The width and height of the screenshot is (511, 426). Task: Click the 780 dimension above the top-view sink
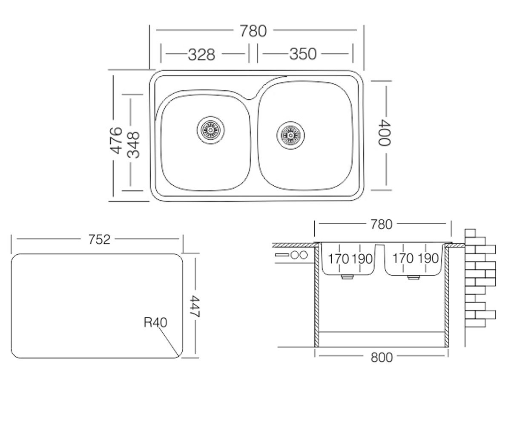pyautogui.click(x=253, y=31)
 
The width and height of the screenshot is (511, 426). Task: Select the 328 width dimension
pyautogui.click(x=201, y=55)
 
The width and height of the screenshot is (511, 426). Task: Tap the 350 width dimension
pyautogui.click(x=303, y=54)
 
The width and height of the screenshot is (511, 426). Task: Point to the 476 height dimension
pyautogui.click(x=117, y=140)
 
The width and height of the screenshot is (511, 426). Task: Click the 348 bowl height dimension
pyautogui.click(x=133, y=145)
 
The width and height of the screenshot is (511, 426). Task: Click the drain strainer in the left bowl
pyautogui.click(x=211, y=130)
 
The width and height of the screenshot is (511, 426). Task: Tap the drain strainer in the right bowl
pyautogui.click(x=290, y=135)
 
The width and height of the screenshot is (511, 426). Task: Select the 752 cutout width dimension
pyautogui.click(x=99, y=239)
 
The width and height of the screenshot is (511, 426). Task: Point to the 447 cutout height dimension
pyautogui.click(x=195, y=306)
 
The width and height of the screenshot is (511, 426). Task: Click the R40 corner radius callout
pyautogui.click(x=155, y=322)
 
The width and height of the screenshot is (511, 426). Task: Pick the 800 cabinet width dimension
pyautogui.click(x=382, y=358)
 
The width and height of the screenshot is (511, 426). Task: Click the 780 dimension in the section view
pyautogui.click(x=382, y=225)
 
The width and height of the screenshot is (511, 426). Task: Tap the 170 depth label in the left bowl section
pyautogui.click(x=338, y=259)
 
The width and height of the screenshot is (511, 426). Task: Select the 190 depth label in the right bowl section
pyautogui.click(x=428, y=259)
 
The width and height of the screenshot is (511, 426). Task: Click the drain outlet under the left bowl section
pyautogui.click(x=347, y=277)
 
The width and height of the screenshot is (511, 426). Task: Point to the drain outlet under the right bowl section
pyautogui.click(x=413, y=277)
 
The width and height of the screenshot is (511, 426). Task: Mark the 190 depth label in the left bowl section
pyautogui.click(x=362, y=259)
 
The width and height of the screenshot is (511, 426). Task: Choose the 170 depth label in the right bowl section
pyautogui.click(x=403, y=259)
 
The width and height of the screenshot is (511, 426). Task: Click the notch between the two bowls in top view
pyautogui.click(x=250, y=98)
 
